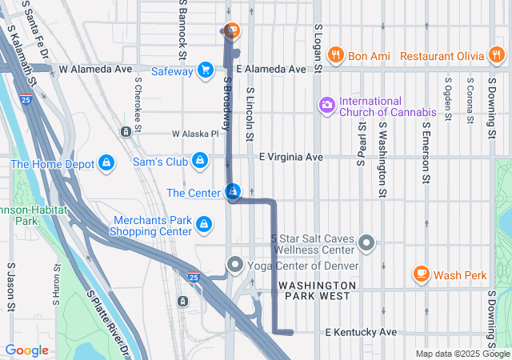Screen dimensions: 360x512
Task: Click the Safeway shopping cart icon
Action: tap(206, 70)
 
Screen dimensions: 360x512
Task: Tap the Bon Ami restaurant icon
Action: tap(335, 56)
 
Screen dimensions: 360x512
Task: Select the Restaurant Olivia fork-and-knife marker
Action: tap(498, 56)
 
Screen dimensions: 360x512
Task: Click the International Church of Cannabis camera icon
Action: tap(326, 105)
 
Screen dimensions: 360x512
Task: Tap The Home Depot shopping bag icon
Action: tap(106, 164)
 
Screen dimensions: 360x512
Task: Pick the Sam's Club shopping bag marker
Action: tap(199, 162)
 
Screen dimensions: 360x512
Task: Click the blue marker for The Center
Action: tap(233, 192)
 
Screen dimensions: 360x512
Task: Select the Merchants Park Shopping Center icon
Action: tap(204, 225)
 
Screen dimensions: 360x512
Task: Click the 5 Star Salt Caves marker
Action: tap(366, 242)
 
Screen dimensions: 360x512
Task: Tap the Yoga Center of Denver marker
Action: tap(235, 264)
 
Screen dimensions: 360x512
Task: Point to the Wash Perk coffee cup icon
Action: tap(421, 274)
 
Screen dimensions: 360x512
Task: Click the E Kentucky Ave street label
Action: tap(360, 332)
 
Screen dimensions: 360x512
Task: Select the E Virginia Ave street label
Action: tap(290, 157)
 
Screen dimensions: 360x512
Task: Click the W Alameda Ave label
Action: tap(95, 70)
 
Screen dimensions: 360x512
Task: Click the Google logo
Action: tap(26, 350)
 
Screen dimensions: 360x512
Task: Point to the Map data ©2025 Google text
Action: tap(462, 354)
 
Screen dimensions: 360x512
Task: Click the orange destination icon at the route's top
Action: tap(231, 31)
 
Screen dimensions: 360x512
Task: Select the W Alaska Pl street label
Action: tap(194, 134)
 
